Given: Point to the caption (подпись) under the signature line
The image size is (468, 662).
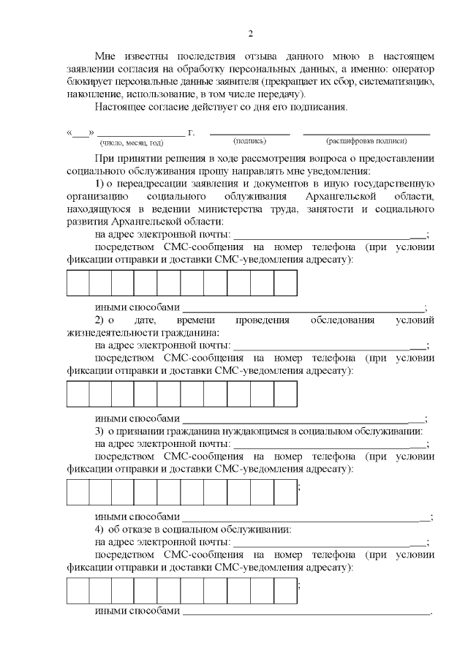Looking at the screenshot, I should point(249,141).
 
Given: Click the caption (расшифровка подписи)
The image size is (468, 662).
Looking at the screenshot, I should point(366,141).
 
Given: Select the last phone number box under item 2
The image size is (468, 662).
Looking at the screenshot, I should point(285,394).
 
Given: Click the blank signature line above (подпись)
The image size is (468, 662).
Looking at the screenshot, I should point(250,133).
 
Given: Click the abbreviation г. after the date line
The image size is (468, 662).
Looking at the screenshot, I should point(192,132).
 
